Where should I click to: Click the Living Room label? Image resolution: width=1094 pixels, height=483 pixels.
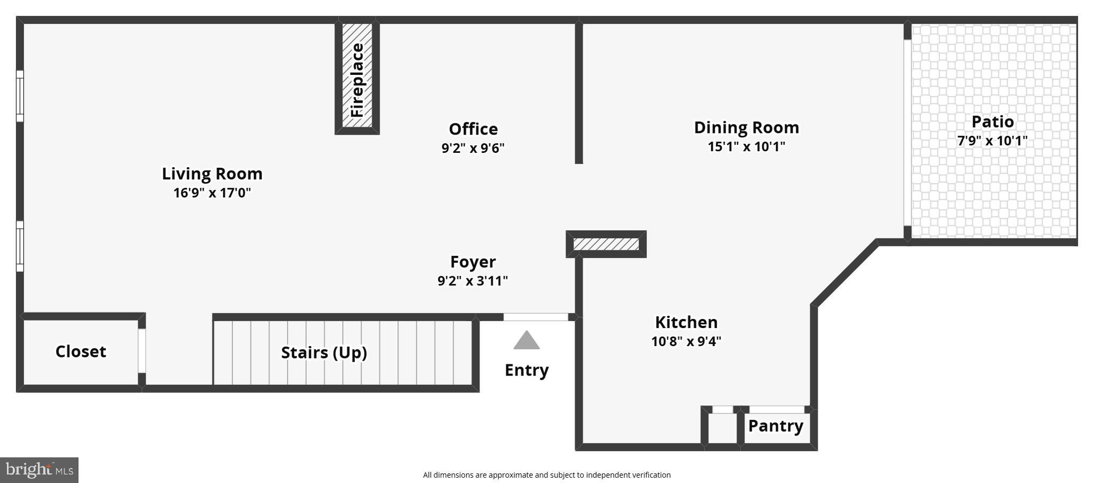212,174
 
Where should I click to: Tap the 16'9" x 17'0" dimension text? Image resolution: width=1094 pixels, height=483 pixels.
212,193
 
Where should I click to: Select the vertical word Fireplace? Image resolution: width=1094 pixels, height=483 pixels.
357,80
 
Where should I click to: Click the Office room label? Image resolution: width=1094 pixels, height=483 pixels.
473,129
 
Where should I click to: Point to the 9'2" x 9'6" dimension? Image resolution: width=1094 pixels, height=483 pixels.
473,148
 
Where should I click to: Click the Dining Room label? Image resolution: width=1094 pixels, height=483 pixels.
746,127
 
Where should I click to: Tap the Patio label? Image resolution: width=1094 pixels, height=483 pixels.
993,121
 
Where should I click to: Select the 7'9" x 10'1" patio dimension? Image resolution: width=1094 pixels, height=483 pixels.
992,141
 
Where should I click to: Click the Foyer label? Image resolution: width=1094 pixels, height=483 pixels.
473,261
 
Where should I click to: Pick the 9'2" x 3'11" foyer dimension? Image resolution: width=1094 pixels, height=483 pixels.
473,281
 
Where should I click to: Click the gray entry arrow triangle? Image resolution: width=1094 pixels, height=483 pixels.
527,341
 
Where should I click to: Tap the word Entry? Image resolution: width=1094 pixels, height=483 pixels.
527,370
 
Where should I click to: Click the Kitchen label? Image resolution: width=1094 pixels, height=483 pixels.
686,322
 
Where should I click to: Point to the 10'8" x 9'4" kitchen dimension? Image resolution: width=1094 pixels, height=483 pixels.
686,341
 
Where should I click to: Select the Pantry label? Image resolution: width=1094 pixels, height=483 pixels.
776,426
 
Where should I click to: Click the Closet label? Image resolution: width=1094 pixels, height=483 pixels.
81,351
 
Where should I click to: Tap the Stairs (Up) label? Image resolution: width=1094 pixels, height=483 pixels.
324,352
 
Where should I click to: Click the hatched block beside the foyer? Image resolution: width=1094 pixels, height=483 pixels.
606,244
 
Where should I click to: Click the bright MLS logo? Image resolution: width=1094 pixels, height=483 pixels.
39,470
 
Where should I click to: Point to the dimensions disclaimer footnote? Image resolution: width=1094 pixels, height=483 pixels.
546,474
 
